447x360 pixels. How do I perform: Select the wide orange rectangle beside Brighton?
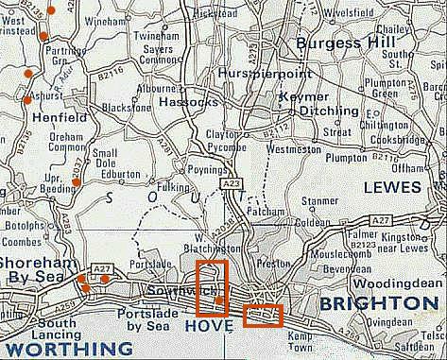point(264,316)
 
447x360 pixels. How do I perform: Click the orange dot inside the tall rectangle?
point(219,301)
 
